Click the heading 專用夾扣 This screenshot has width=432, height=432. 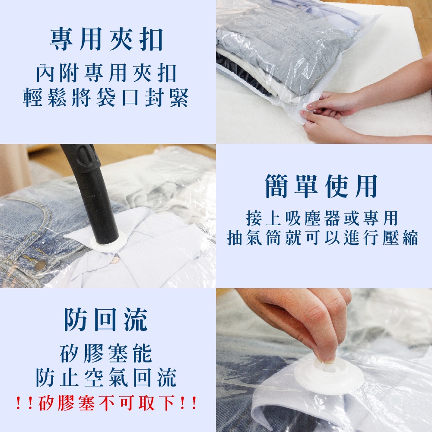pyautogui.click(x=107, y=39)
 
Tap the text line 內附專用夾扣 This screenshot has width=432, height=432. pyautogui.click(x=106, y=73)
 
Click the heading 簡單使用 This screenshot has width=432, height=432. pyautogui.click(x=321, y=186)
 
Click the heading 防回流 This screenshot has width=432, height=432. pyautogui.click(x=106, y=320)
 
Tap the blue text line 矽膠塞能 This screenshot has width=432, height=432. pyautogui.click(x=106, y=353)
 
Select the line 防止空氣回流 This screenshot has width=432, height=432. pyautogui.click(x=106, y=378)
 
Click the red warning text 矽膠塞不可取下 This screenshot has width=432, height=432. pyautogui.click(x=106, y=403)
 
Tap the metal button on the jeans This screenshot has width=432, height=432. pyautogui.click(x=41, y=266)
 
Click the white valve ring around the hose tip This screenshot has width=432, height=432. pyautogui.click(x=108, y=241)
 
